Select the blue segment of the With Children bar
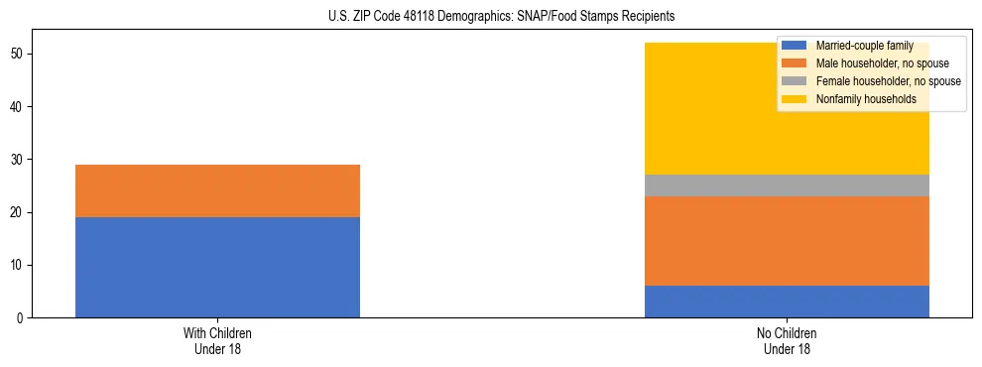217,267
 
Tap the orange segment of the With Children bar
217,190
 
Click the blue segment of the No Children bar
787,302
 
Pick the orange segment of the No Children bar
787,241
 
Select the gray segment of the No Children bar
787,185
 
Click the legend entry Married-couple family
859,46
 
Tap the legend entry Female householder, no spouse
888,81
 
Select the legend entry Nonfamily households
859,99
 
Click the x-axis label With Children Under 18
217,341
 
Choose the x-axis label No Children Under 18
787,341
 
